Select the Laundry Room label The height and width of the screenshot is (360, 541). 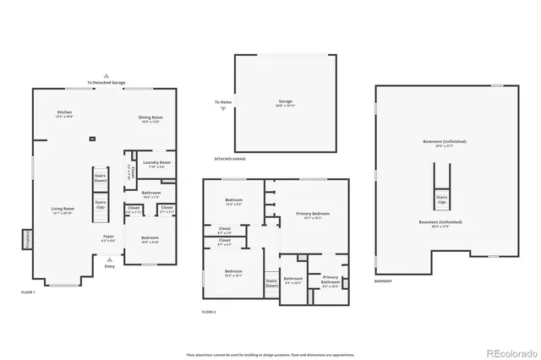pos(157,164)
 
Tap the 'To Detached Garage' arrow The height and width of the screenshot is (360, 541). pos(107,75)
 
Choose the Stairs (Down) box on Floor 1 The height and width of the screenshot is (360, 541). pos(100,178)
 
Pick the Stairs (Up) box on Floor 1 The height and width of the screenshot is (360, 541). pos(100,205)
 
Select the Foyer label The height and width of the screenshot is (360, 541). pos(108,238)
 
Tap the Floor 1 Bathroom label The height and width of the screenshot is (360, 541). pos(151,194)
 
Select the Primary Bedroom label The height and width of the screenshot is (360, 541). pos(312,215)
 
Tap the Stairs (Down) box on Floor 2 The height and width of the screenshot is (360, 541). pos(271,283)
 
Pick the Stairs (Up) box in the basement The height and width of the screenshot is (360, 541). pos(441,200)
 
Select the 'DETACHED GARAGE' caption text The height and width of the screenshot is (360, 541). pos(230,159)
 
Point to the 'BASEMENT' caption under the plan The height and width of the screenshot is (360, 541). pos(382,281)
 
